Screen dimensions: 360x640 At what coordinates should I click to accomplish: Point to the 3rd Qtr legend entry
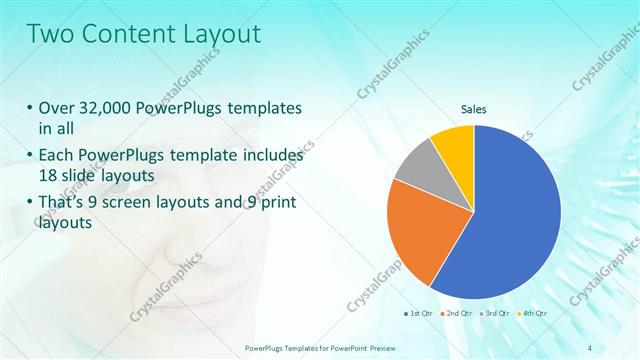[x=495, y=313]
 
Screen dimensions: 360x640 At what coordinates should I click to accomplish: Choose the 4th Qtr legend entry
[x=532, y=313]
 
